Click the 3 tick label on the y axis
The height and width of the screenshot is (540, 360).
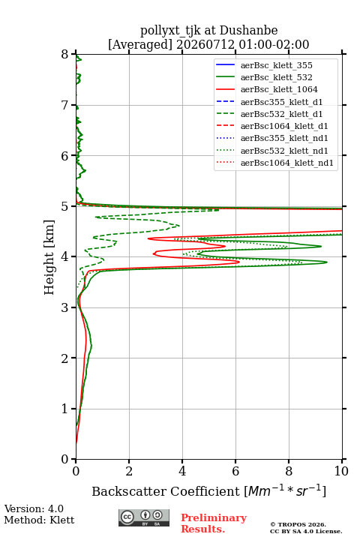pos(65,307)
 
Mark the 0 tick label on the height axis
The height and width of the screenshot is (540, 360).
pos(65,459)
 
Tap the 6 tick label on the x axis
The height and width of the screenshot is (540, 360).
pos(235,471)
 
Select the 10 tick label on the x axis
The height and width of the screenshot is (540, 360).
pos(341,471)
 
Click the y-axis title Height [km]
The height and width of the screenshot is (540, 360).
pos(49,257)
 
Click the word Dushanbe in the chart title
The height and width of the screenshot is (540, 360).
pos(248,31)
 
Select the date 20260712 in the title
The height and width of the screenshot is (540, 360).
pos(205,44)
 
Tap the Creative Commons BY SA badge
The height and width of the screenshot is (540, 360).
pos(144,517)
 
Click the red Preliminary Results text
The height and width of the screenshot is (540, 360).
pos(214,523)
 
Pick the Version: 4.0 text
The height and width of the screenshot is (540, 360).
pos(34,508)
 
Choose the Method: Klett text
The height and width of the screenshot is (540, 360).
pos(39,520)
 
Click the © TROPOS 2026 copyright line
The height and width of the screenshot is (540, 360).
pos(298,524)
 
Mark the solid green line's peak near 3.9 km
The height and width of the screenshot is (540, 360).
pos(326,262)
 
